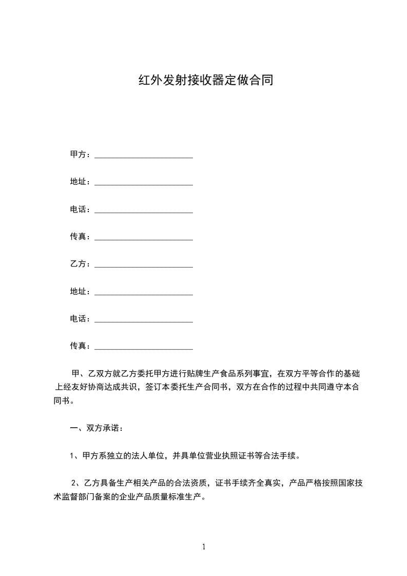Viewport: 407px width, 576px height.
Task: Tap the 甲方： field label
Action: (80, 155)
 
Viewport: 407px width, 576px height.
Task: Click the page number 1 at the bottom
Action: (204, 547)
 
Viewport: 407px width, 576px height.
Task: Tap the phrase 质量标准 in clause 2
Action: (170, 496)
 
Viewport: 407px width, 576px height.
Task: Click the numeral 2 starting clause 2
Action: (74, 483)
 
